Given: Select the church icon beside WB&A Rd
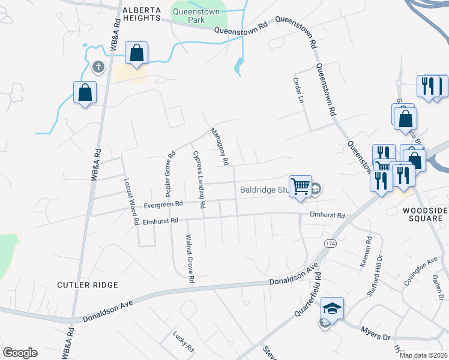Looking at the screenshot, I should coord(98,67).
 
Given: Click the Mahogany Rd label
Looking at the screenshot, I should coord(219,146).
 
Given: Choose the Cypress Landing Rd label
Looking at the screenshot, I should coord(199,179).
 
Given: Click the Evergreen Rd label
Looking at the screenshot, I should coord(163,205).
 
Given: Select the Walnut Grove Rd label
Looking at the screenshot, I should coord(190,259).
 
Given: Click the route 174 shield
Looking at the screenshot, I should coord(330,244).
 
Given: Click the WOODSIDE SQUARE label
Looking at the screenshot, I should coord(425,214).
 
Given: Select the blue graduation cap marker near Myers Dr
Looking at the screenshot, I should coord(332,308).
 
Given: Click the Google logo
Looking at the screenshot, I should coord(20,353).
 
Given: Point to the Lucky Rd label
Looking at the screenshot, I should coord(182,341).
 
